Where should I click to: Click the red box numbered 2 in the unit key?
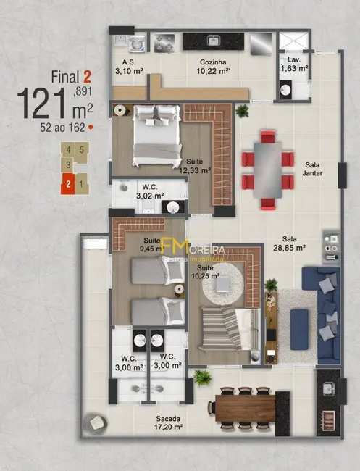[x=68, y=184]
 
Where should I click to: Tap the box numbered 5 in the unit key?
[x=82, y=150]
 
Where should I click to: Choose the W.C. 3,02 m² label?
[x=151, y=191]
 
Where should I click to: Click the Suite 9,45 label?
[x=152, y=243]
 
